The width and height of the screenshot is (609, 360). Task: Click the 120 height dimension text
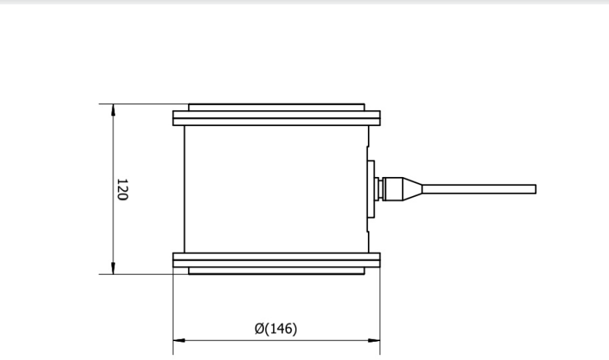[x=122, y=189]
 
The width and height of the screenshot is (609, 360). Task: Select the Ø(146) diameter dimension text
[x=276, y=329]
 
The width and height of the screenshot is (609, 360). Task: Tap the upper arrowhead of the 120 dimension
[x=113, y=109]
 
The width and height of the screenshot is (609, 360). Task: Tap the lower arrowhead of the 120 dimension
[x=113, y=270]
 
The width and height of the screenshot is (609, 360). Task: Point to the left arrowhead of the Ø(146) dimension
[x=178, y=340]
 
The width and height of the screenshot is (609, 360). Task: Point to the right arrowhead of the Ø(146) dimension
[x=375, y=340]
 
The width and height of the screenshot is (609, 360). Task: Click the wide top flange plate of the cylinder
[x=276, y=114]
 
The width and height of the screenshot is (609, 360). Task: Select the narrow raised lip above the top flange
[x=276, y=107]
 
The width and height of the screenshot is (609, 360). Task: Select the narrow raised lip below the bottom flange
[x=276, y=270]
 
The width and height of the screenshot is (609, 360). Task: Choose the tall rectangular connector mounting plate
[x=370, y=189]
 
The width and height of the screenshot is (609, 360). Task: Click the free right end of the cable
[x=534, y=189]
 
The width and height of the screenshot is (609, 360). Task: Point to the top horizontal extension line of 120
[x=142, y=104]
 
